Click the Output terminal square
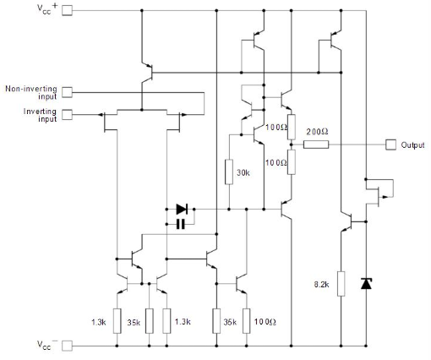pos(390,145)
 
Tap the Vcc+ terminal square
pos(67,10)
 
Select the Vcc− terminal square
pos(67,346)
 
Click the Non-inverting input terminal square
pos(67,92)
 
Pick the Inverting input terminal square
pos(67,115)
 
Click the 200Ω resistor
pos(316,145)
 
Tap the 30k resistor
pos(229,172)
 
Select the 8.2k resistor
pos(341,284)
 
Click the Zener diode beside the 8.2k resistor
pos(366,283)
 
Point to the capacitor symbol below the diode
pos(181,225)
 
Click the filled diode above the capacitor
pos(182,210)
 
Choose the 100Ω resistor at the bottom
pos(247,321)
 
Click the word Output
pos(412,145)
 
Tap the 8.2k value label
pos(321,285)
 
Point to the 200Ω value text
pos(317,132)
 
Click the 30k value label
pos(243,172)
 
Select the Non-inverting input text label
pos(31,92)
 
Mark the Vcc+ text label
pos(47,8)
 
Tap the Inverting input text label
pos(40,115)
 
